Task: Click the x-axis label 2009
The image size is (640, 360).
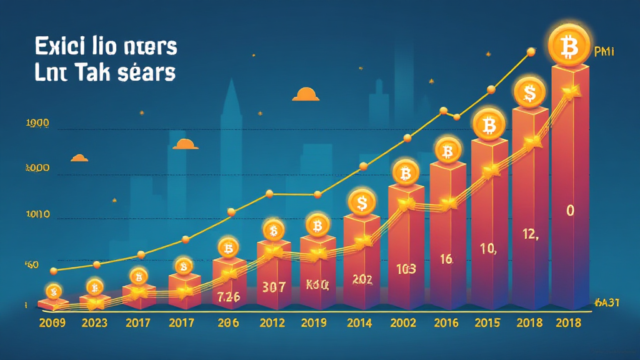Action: click(53, 323)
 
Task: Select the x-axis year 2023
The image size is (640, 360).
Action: click(94, 323)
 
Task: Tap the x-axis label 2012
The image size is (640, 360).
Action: click(272, 323)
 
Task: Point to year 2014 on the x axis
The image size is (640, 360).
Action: click(359, 323)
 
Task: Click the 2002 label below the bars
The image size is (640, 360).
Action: click(403, 323)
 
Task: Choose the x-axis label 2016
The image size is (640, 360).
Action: click(446, 323)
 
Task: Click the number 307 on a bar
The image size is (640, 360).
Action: click(272, 287)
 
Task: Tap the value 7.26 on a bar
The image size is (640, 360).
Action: click(228, 297)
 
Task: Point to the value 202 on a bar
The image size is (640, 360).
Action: click(362, 279)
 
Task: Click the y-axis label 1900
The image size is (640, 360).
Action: click(37, 124)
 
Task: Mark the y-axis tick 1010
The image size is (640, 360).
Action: click(37, 215)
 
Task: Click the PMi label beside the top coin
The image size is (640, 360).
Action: click(605, 52)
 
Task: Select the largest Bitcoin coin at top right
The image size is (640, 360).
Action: click(569, 44)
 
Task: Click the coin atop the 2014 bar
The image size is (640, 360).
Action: click(361, 201)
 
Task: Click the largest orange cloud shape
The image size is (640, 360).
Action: click(306, 94)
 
